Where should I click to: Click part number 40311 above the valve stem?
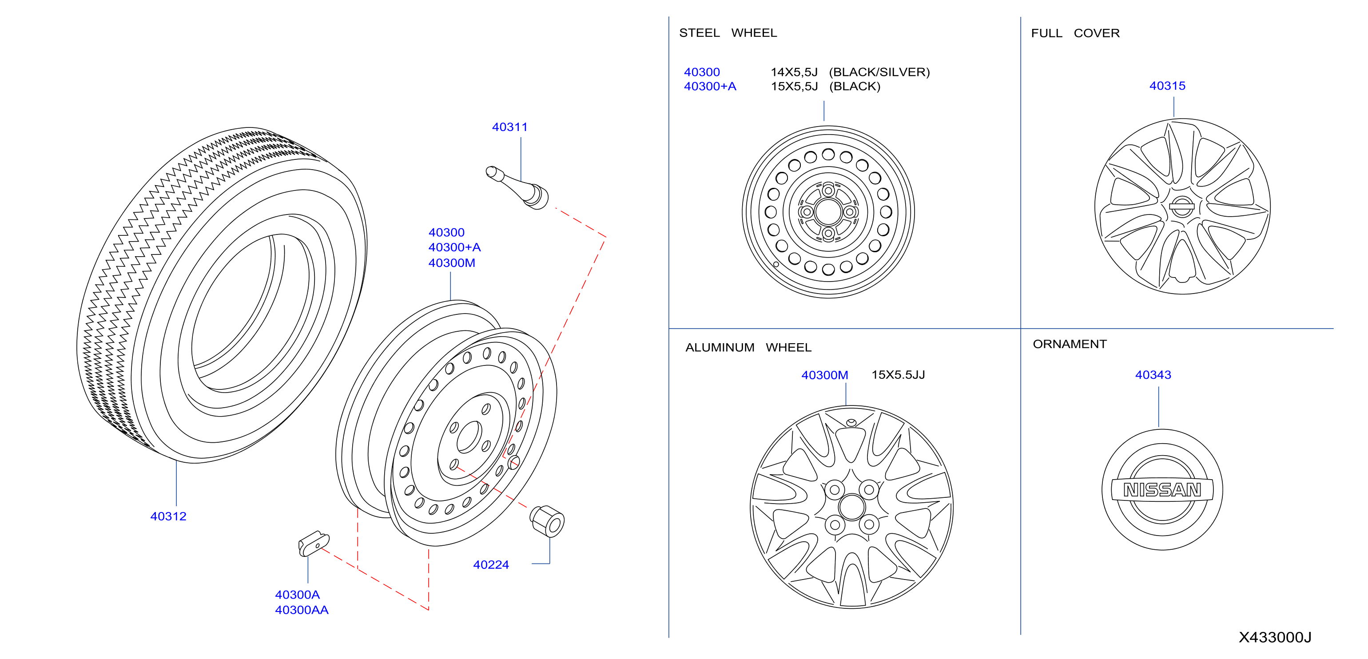[509, 127]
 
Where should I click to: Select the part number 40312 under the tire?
[168, 516]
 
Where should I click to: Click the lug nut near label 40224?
[547, 521]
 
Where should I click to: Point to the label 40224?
[491, 564]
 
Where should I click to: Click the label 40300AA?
[302, 610]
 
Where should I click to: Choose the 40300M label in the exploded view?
[451, 263]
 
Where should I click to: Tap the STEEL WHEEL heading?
[728, 33]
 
